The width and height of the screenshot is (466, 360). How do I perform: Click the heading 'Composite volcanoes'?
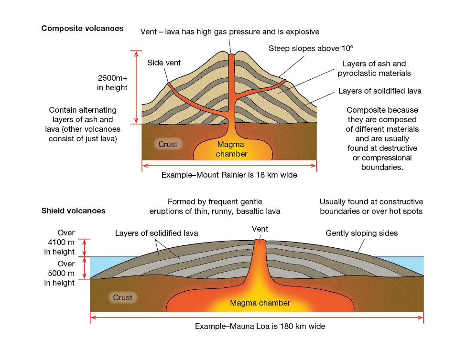pos(82,28)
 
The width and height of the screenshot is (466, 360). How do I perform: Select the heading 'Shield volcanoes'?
pos(74,211)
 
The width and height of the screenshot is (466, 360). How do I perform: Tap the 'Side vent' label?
pos(164,63)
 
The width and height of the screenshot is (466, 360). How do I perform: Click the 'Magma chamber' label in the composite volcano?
pos(231,149)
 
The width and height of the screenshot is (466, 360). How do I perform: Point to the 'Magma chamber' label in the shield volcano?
pos(260,303)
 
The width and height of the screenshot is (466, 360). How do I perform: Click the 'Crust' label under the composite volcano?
pos(168,144)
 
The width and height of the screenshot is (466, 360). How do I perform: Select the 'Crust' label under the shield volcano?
pos(122,297)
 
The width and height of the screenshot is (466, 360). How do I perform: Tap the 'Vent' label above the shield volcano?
pos(260,229)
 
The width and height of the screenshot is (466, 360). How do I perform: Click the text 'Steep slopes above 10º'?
pos(311,48)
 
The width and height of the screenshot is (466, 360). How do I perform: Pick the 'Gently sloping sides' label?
pos(361,233)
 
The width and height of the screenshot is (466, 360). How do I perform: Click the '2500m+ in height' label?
pos(112,82)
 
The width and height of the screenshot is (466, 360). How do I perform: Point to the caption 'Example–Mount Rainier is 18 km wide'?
pos(229,175)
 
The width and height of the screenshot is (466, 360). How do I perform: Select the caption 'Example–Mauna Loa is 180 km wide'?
pos(260,327)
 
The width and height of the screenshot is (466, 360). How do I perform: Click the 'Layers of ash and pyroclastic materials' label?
pos(374,68)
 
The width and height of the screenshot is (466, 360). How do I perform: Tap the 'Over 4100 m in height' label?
pos(60,242)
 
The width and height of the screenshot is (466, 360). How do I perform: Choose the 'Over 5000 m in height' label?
pos(60,273)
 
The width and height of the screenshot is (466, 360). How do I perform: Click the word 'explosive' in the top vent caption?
pos(303,32)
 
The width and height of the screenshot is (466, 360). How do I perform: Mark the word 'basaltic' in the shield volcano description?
pos(249,211)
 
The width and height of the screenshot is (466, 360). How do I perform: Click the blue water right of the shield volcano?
pos(414,263)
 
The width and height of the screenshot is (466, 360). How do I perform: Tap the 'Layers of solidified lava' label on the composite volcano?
pos(379,91)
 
